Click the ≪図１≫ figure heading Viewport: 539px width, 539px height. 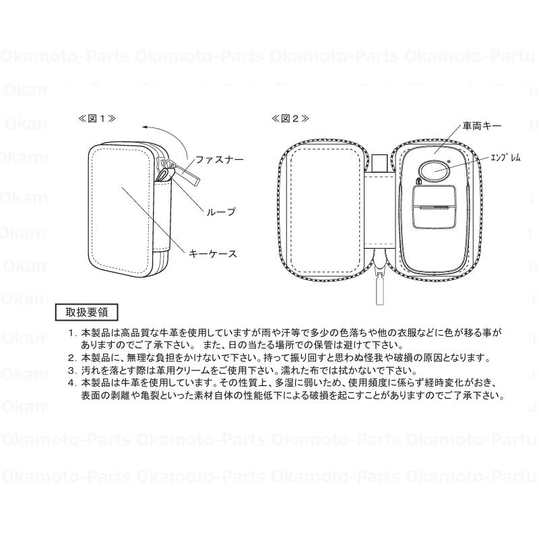(x=97, y=119)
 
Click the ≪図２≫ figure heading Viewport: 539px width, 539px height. (x=290, y=119)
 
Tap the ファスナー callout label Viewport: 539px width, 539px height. (x=220, y=160)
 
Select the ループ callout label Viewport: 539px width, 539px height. (x=222, y=212)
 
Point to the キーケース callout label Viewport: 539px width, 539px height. (x=213, y=254)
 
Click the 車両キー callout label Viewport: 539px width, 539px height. (x=482, y=126)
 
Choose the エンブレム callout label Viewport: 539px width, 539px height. (x=505, y=158)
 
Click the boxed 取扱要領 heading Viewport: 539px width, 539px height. (x=87, y=312)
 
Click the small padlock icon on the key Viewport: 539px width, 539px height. (x=418, y=181)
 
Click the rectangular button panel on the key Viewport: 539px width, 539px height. (x=434, y=207)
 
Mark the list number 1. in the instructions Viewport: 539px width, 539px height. (x=71, y=333)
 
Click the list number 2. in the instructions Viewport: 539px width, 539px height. (x=71, y=358)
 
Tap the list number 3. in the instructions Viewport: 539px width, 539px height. (x=71, y=371)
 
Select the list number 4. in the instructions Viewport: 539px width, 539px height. (x=71, y=383)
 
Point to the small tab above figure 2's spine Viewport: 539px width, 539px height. (x=379, y=163)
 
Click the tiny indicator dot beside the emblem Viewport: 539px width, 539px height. (x=449, y=162)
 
